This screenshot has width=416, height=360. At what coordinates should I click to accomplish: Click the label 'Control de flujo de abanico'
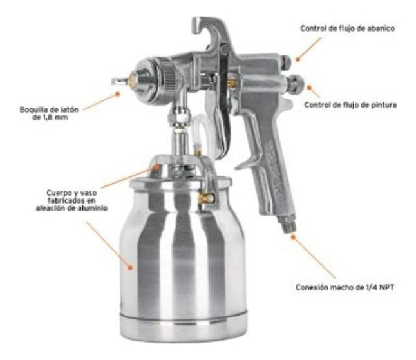[x=348, y=28]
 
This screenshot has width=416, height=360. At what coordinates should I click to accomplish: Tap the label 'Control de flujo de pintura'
[x=350, y=104]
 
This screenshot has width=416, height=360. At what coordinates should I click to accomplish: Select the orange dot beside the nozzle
[x=118, y=93]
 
